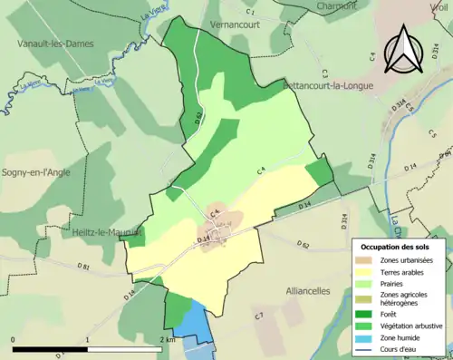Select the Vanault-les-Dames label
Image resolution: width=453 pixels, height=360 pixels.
55,43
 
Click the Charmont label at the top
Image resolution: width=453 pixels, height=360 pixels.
337,5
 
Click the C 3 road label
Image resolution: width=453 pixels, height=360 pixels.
323,72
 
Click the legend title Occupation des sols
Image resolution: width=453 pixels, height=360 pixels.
397,248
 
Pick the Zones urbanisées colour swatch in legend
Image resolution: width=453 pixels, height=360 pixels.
367,260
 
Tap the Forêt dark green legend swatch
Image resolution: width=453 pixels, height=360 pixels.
367,309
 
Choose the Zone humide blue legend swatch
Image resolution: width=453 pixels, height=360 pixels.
367,336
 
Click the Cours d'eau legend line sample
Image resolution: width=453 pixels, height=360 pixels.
367,347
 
